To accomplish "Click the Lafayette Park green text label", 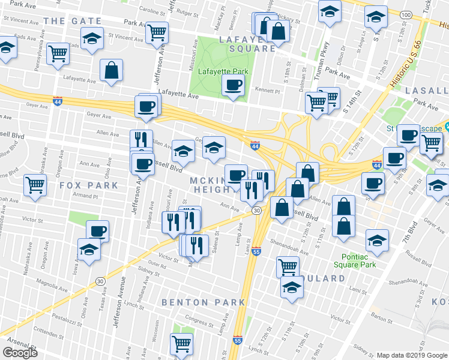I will [223, 72].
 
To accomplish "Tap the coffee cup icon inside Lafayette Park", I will [233, 86].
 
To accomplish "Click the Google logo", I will [20, 353].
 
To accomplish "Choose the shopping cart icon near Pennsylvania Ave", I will [58, 53].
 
